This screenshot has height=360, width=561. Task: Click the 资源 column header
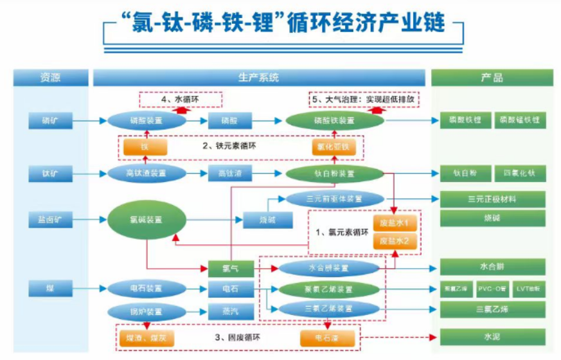[51, 78]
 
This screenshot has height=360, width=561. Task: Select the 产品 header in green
[492, 78]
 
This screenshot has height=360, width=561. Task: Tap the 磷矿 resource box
[51, 120]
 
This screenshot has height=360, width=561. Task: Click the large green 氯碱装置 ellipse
[147, 221]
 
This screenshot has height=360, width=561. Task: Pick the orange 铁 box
[145, 147]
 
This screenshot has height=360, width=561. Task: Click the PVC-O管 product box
[493, 290]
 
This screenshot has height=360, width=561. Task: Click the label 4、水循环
[181, 100]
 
